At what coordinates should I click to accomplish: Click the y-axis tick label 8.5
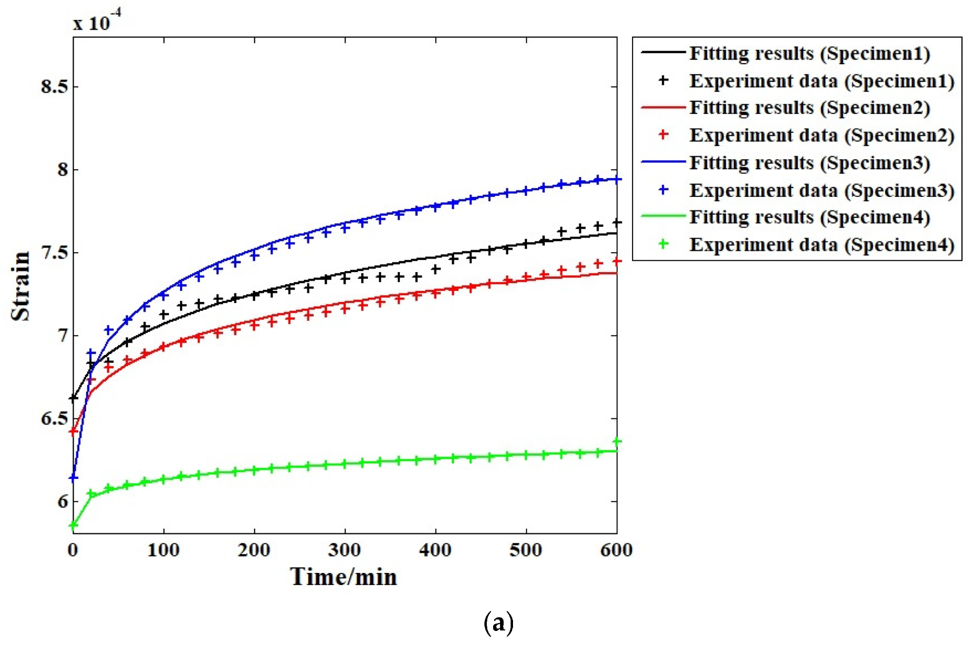tap(54, 86)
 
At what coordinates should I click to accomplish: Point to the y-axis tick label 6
tap(63, 501)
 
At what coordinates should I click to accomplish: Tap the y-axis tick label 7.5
tap(54, 252)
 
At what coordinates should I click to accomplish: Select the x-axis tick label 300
tap(344, 549)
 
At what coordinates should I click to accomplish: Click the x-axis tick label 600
tap(616, 549)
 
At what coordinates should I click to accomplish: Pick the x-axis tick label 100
tap(163, 549)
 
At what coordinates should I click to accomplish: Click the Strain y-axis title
tap(21, 286)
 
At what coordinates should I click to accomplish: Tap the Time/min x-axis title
tap(343, 577)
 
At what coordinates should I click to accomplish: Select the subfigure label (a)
tap(498, 623)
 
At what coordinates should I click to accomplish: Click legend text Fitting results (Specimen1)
tap(809, 53)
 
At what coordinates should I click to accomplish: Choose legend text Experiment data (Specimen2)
tap(822, 135)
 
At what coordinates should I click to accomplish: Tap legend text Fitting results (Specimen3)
tap(809, 162)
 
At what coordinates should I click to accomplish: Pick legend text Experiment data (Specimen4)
tap(822, 244)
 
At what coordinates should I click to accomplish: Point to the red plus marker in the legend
tap(663, 135)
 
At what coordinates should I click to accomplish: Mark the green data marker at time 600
tap(617, 442)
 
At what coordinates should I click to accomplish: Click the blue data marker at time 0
tap(74, 478)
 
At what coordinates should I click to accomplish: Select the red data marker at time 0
tap(74, 431)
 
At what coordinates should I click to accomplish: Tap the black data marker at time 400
tap(436, 270)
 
